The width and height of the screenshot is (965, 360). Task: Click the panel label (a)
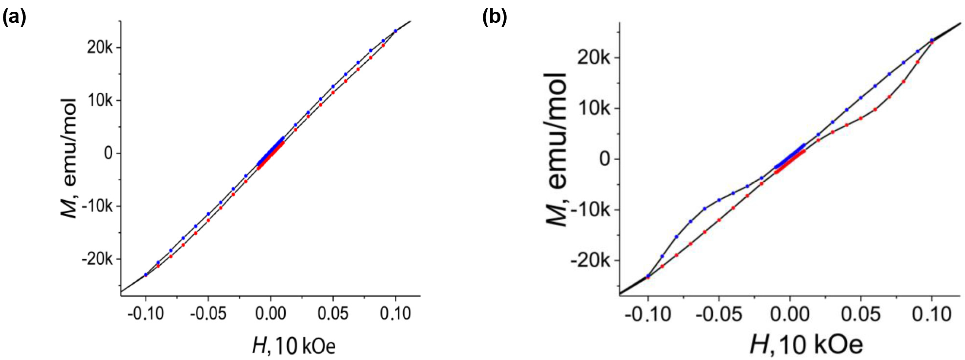click(x=14, y=18)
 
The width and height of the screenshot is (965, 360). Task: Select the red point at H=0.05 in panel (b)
click(x=861, y=118)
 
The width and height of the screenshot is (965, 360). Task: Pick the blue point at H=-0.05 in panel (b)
click(x=719, y=200)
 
